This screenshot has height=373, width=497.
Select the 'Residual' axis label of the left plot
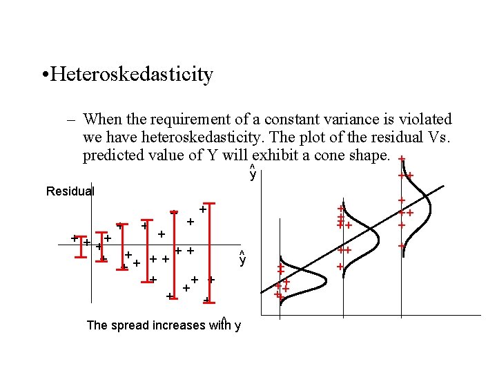pyautogui.click(x=70, y=191)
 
